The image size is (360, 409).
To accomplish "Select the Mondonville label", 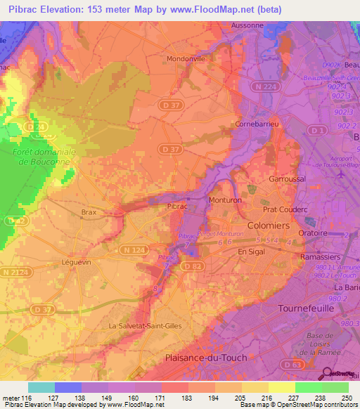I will [186, 59].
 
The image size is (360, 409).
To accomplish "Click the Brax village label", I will [89, 212].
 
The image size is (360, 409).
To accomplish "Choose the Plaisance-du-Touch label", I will [201, 358].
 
